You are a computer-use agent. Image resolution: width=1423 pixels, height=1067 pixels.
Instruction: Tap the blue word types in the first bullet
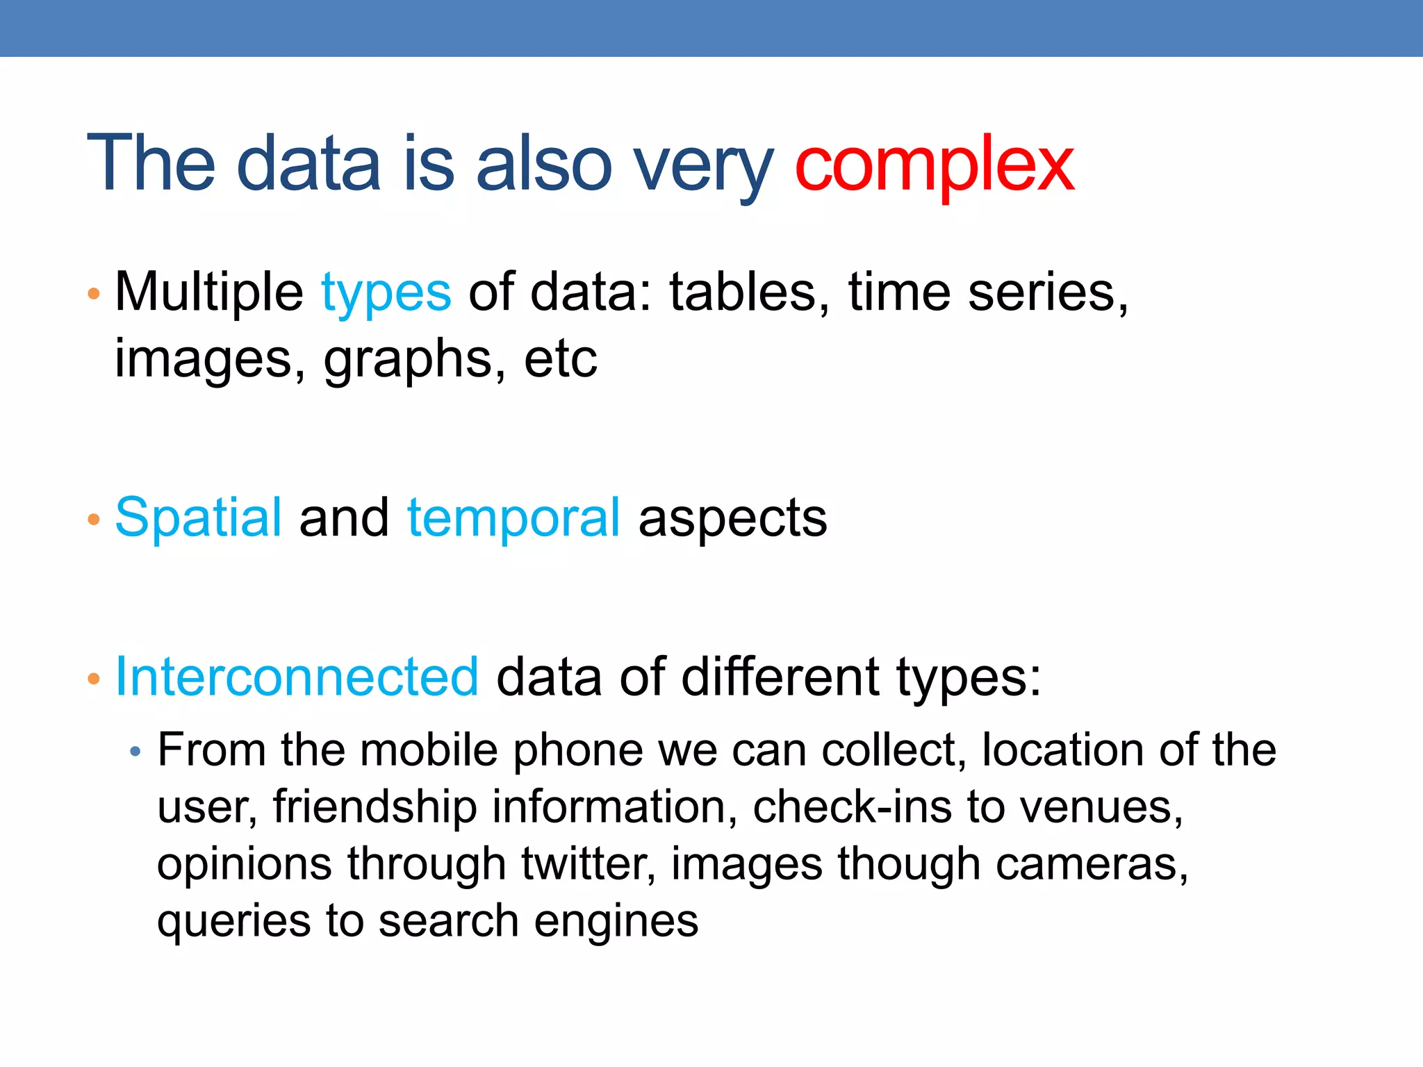click(386, 293)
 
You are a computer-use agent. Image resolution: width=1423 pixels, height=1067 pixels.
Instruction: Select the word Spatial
click(199, 518)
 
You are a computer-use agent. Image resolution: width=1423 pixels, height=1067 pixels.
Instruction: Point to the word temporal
click(513, 518)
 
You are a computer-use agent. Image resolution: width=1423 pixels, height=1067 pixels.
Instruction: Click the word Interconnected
click(297, 677)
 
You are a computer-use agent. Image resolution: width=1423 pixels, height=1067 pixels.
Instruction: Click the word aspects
click(732, 519)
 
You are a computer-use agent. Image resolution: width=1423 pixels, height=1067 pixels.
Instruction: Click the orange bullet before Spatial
click(94, 520)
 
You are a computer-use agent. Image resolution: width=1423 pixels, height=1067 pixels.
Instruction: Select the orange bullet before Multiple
click(94, 294)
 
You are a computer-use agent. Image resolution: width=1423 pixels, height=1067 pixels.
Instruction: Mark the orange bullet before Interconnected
click(94, 679)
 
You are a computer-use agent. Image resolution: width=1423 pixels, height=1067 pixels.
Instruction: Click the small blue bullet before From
click(135, 752)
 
